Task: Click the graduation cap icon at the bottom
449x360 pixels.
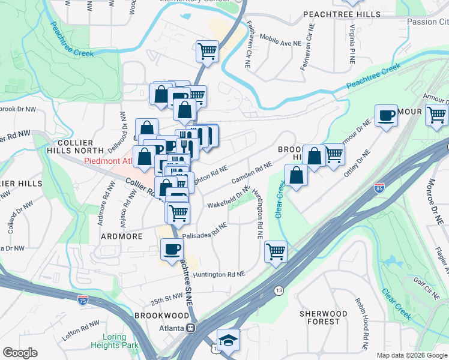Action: coord(228,340)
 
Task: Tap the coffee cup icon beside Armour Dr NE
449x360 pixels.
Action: coord(387,115)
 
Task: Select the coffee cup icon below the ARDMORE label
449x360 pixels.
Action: coord(172,250)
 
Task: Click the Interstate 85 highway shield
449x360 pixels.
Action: coord(379,188)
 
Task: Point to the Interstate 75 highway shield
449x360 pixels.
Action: coord(81,298)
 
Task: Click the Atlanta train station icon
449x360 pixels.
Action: coord(191,328)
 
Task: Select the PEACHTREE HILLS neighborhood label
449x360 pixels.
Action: coord(342,14)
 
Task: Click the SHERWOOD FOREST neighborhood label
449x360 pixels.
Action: coord(324,317)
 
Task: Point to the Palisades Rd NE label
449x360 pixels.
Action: coord(205,231)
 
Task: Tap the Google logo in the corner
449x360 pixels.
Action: coord(20,353)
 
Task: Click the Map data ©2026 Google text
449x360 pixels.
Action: coord(412,355)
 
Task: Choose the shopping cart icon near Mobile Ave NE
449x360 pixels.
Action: coord(207,51)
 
